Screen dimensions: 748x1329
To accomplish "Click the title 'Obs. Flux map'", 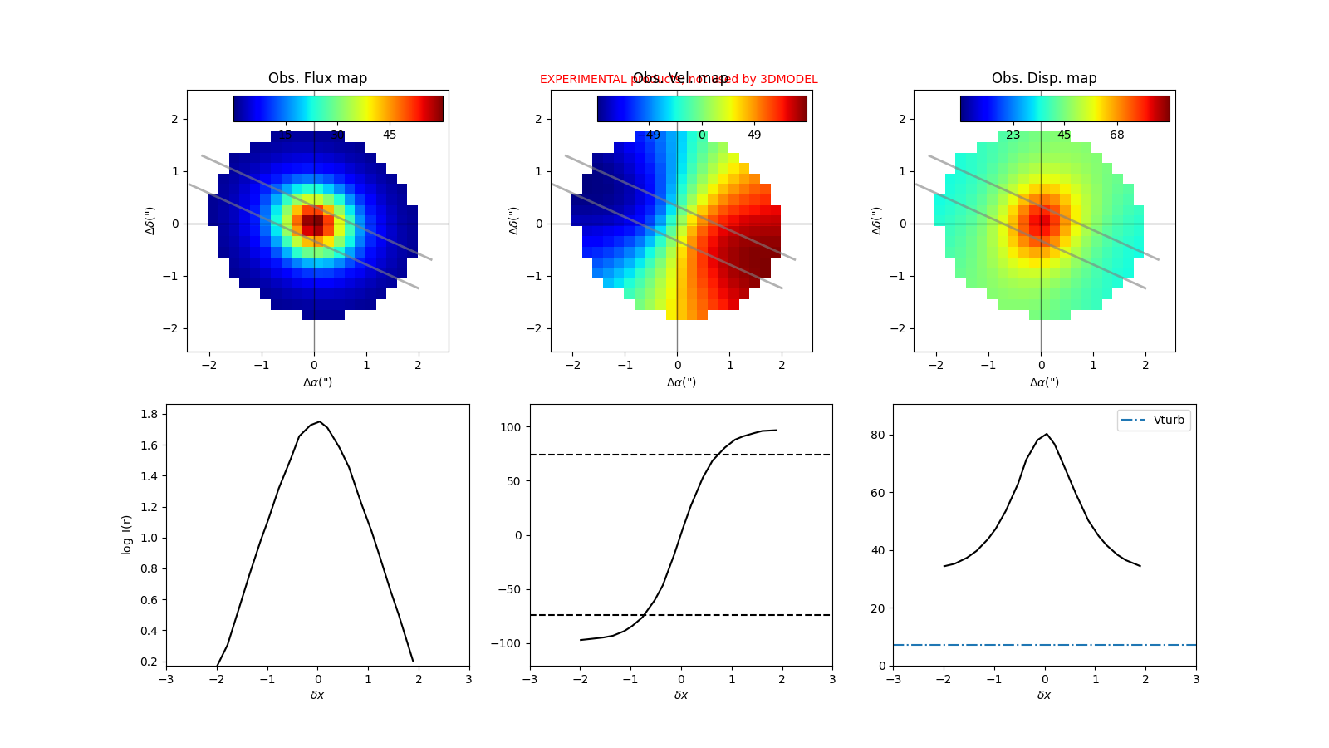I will tap(317, 78).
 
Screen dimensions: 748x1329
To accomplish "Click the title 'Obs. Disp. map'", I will tap(1044, 78).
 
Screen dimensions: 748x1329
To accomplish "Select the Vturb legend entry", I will tap(1154, 420).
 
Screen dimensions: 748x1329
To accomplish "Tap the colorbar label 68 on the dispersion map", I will tap(1117, 135).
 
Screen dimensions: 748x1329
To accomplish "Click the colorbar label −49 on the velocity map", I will tap(649, 135).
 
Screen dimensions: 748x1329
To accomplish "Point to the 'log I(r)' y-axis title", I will tap(127, 534).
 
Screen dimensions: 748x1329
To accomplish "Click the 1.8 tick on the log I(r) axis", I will tap(150, 414).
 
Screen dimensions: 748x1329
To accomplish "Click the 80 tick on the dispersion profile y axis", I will tap(878, 435).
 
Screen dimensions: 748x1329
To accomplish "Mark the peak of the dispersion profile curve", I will tap(1046, 434).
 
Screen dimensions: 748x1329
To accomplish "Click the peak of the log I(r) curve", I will tap(320, 421).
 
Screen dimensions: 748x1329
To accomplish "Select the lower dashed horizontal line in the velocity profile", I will tap(748, 615).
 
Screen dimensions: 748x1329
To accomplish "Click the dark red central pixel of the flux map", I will tap(313, 224).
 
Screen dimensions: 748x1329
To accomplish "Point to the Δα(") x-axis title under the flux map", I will tap(317, 382).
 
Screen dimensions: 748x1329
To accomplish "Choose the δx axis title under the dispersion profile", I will tap(1044, 695).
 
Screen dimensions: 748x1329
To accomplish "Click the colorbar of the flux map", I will tap(338, 109).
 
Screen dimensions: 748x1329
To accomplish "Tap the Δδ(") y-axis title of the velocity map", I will tap(513, 220).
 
